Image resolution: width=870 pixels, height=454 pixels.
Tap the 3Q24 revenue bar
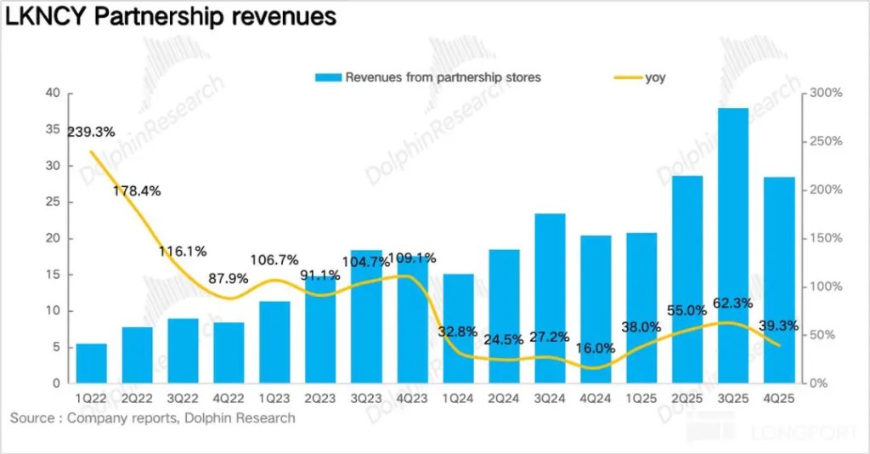pyautogui.click(x=551, y=298)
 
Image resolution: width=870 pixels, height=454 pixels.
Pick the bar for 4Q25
pyautogui.click(x=778, y=280)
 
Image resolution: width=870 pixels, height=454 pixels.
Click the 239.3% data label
pyautogui.click(x=91, y=132)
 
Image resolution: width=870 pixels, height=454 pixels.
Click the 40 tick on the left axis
pyautogui.click(x=53, y=93)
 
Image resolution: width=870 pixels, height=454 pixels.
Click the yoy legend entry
pyautogui.click(x=655, y=77)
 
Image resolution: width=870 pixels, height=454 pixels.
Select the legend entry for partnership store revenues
pyautogui.click(x=442, y=77)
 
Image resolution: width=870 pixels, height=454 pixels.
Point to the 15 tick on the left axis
pyautogui.click(x=53, y=275)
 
